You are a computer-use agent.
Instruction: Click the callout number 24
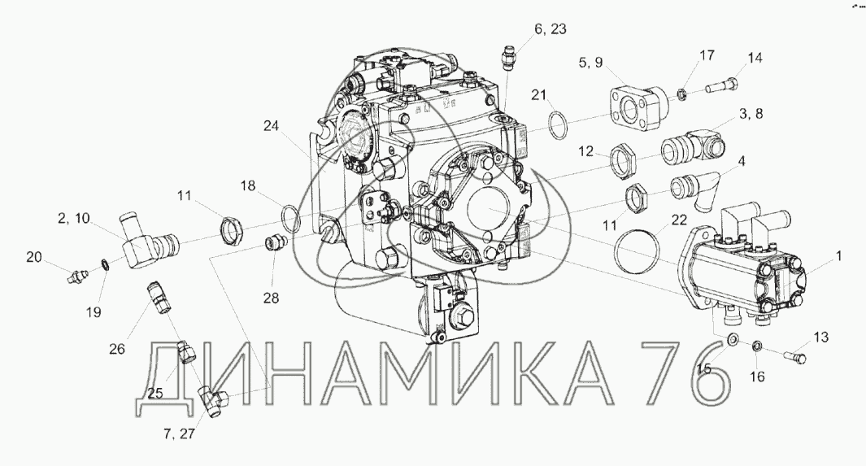(271, 126)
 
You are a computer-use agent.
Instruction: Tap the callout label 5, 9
(591, 63)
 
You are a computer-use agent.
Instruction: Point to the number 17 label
(707, 55)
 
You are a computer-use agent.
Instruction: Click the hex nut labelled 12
(624, 161)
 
